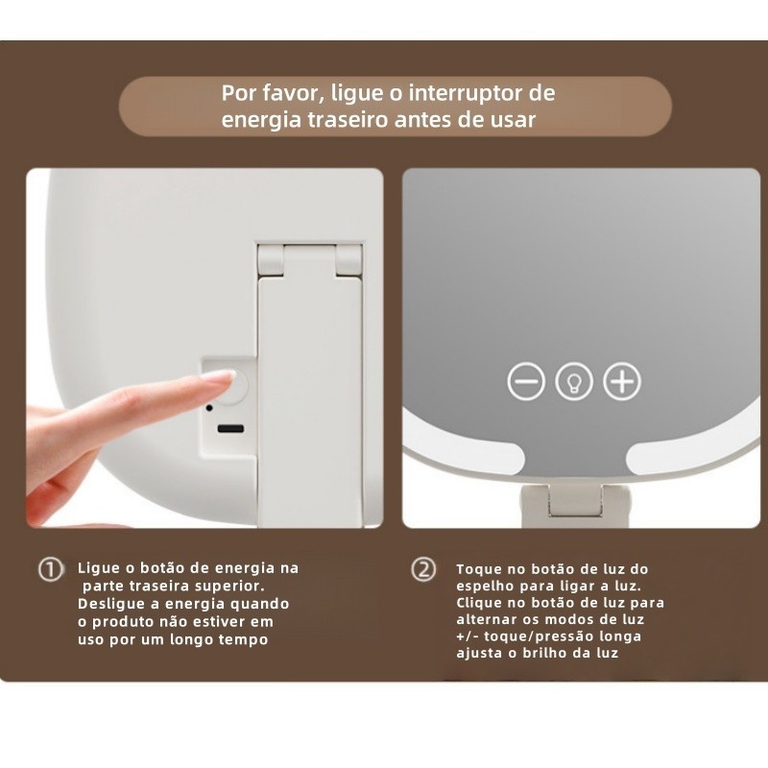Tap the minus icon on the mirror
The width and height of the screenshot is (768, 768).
526,381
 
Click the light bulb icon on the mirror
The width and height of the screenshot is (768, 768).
574,381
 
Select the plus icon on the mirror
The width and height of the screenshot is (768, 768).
622,381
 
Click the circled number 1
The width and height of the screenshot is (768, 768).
51,569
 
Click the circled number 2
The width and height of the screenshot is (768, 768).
423,569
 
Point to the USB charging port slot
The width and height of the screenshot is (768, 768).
230,429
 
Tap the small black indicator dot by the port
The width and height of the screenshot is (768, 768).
209,407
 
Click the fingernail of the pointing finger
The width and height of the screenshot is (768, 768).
221,377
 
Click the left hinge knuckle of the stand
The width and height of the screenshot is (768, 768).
271,259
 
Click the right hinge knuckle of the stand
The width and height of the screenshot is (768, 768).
349,259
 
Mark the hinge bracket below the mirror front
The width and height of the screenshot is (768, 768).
575,506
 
